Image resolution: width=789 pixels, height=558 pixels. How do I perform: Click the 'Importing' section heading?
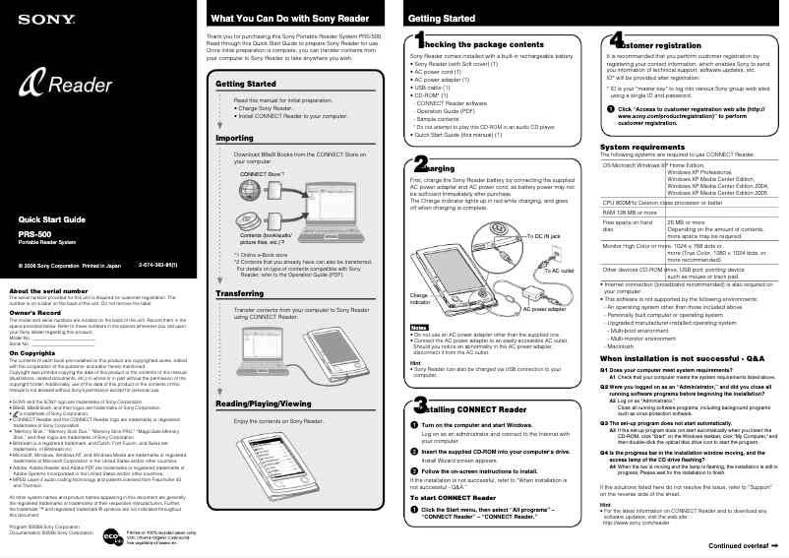coord(235,139)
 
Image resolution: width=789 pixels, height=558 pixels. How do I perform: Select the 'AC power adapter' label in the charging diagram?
coord(543,308)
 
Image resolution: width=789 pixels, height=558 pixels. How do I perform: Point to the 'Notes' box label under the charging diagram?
coord(419,327)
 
